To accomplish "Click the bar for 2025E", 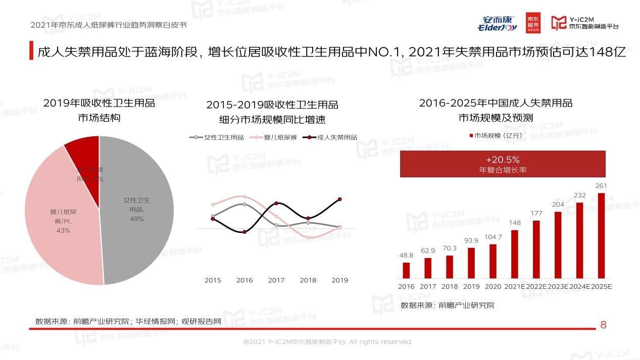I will click(601, 235).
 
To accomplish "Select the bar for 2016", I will click(406, 270).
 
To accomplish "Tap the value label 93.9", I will click(471, 240).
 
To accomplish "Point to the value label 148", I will click(515, 223).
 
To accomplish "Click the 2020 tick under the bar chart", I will click(493, 286).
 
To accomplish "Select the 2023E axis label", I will click(558, 286).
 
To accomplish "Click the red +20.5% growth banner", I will click(503, 164).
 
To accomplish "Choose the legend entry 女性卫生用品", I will click(217, 137).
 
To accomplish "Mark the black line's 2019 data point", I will click(340, 199).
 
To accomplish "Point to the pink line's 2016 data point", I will click(244, 196).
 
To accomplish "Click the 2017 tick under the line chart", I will click(276, 280).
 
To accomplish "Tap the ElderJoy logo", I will click(497, 23).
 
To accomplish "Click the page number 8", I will click(603, 325).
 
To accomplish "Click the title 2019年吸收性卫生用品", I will click(99, 104).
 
